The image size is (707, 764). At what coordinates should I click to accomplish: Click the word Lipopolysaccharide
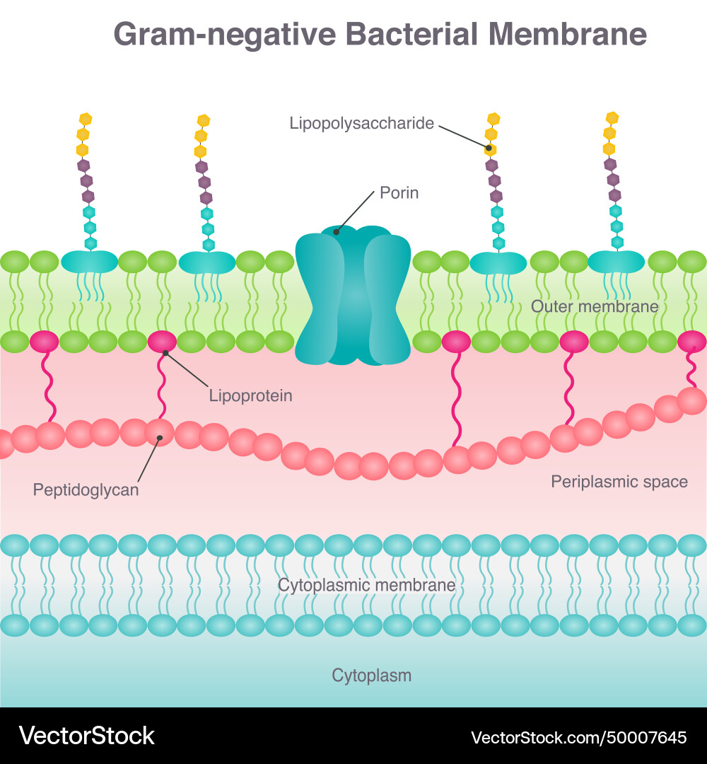pos(361,123)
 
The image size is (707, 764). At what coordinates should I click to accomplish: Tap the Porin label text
pos(399,192)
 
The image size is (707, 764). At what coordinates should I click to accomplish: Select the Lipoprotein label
pos(250,395)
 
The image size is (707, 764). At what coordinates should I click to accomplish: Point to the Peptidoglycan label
pos(86,490)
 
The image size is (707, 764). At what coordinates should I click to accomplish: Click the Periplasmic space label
pos(619,482)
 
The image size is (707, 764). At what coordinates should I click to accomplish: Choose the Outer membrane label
pos(595,306)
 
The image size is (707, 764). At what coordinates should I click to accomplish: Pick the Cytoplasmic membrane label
pos(366,585)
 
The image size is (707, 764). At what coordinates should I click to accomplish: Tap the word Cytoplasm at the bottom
pos(371,676)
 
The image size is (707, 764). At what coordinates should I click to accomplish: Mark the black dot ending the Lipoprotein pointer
pos(165,352)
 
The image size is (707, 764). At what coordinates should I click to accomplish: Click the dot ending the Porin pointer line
pos(337,230)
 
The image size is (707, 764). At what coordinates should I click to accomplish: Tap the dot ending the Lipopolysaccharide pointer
pos(489,148)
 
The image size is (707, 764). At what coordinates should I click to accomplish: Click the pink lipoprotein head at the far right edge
pos(692,342)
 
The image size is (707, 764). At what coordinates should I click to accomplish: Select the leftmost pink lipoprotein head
pos(44,342)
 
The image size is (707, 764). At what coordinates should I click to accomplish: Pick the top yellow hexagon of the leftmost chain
pos(86,119)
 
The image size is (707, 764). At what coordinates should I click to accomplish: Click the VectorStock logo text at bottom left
pos(86,736)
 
